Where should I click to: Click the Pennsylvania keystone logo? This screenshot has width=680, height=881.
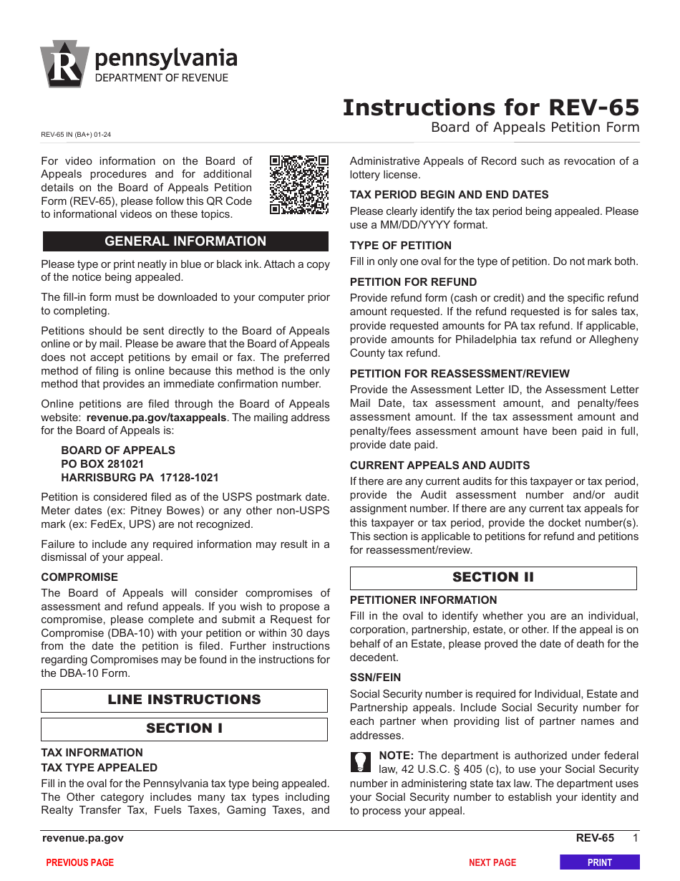point(64,64)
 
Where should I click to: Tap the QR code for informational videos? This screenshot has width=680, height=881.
point(298,184)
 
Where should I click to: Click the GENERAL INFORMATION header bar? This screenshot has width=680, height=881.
point(185,241)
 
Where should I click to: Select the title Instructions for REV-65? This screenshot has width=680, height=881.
point(490,107)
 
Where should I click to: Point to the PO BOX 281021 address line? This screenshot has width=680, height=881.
point(102,464)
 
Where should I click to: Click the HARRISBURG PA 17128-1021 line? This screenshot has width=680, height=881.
point(140,478)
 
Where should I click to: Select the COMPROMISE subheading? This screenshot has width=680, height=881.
point(79,577)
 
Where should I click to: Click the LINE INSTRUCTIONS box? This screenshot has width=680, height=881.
point(184,700)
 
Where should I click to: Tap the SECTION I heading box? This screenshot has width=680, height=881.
point(184,728)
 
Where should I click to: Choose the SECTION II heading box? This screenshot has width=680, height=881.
point(493,577)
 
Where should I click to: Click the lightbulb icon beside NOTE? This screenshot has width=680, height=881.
point(361,761)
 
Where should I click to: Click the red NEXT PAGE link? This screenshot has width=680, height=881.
point(492,862)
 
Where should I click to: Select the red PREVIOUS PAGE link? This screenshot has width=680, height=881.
point(80,862)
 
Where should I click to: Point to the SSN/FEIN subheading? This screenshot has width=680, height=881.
point(375,678)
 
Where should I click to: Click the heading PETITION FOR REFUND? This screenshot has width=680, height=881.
point(413,282)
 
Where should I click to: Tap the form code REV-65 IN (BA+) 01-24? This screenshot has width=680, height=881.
point(76,134)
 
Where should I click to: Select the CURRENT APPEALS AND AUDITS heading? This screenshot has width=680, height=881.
point(439,466)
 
